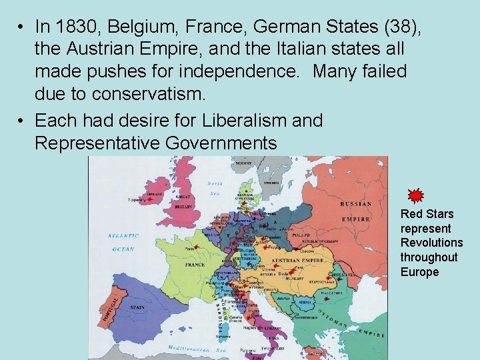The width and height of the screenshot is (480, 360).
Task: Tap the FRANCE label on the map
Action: point(195,265)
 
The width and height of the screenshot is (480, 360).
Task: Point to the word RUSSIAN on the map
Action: point(356,204)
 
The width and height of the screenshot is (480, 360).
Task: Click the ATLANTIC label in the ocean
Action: point(121,236)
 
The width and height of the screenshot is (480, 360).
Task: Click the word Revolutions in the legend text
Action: point(431,243)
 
